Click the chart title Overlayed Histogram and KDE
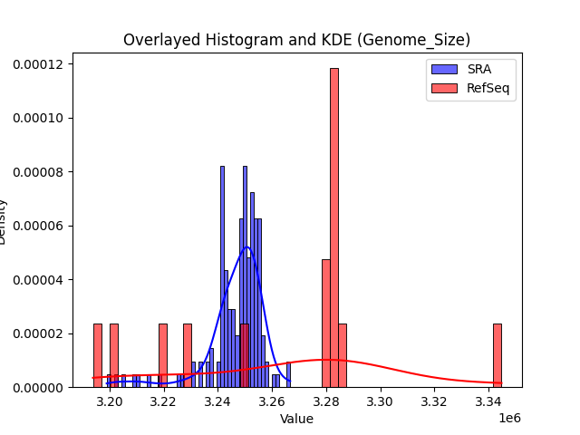[x=296, y=40]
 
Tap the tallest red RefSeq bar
[x=334, y=227]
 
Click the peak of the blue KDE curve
[x=246, y=246]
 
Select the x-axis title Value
[x=296, y=419]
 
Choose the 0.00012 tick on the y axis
[x=37, y=64]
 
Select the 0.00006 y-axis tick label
[x=37, y=226]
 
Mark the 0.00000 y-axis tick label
[x=37, y=387]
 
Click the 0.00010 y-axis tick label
[x=37, y=118]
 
